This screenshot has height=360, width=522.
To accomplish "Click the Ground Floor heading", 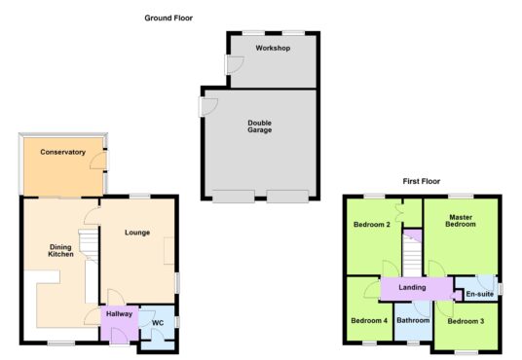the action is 168,18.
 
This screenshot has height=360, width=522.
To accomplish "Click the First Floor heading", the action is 422,181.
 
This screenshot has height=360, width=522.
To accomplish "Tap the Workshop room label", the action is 273,48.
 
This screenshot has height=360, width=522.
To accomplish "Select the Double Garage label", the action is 260,126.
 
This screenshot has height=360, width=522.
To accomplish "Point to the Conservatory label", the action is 63,152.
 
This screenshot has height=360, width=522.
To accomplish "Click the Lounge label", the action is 137,233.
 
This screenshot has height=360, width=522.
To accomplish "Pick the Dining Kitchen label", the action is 60,250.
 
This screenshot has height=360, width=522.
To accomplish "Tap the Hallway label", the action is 119,313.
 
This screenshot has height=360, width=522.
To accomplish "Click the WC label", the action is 158,323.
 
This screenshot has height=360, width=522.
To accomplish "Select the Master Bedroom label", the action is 461,221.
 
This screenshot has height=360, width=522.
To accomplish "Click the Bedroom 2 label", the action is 371,225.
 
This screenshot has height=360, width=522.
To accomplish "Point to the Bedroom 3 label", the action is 466,321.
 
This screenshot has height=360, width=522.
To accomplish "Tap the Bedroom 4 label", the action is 369,321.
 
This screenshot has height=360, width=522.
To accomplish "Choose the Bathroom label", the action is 413,320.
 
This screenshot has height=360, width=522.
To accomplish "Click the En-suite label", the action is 480,294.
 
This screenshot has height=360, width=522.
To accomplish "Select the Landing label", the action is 412,287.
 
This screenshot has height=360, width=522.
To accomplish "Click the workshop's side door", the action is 235,64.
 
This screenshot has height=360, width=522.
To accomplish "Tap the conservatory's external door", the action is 99,162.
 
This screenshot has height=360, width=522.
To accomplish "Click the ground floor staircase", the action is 89,245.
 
